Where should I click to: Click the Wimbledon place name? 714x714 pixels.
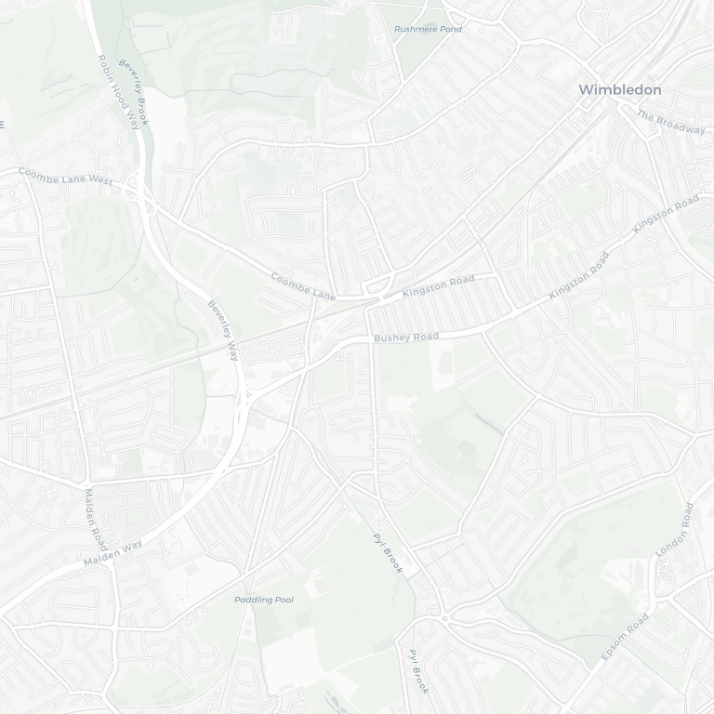coord(620,90)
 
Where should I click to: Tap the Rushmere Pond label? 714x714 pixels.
coord(428,30)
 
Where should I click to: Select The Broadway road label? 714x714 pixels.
coord(670,122)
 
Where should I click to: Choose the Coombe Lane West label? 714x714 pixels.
coord(64,177)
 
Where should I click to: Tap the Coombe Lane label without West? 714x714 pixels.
coord(302,285)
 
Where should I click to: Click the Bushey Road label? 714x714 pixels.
coord(405,337)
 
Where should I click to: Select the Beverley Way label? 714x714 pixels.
coord(223,330)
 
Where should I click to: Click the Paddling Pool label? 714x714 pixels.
coord(263,600)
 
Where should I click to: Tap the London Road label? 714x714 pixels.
coord(674,530)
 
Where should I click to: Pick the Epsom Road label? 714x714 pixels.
coord(624,638)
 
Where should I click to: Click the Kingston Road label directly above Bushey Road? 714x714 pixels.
coord(438,285)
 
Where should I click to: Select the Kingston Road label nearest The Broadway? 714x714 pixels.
coord(665,214)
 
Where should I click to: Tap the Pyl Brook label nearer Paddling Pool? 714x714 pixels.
coord(387,552)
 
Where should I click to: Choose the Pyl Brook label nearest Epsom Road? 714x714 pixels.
coord(418,671)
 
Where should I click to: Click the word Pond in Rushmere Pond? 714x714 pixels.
coord(449,30)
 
